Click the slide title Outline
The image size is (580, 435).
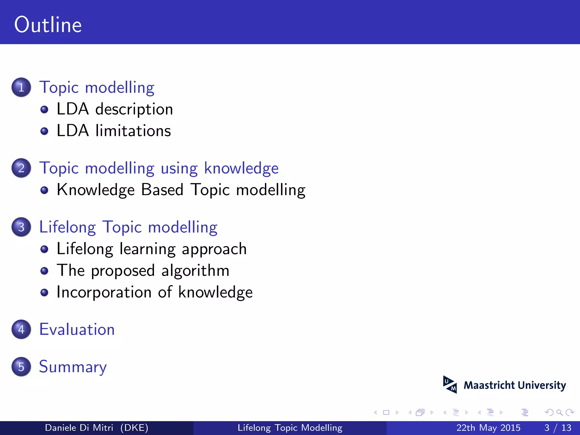pos(48,25)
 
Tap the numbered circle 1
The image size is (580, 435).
pos(21,87)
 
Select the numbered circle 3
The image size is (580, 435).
pos(21,227)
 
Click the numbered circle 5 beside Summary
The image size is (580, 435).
pos(21,367)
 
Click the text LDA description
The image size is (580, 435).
pos(115,109)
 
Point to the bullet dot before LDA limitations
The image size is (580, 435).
pos(44,131)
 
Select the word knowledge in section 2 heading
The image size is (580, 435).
pos(241,169)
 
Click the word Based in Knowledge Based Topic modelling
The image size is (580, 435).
pos(162,190)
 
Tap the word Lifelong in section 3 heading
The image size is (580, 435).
pos(68,227)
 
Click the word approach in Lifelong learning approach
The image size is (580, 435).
pos(214,249)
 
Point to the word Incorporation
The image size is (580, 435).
pos(104,292)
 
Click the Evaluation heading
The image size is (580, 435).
pos(77,330)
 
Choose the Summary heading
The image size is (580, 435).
pos(73,367)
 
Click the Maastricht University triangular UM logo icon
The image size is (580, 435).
pos(450,385)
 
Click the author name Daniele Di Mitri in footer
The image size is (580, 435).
pos(79,428)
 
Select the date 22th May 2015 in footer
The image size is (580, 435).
pos(488,428)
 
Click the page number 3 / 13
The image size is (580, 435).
pos(558,428)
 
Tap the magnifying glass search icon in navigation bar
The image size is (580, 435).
pos(559,412)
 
